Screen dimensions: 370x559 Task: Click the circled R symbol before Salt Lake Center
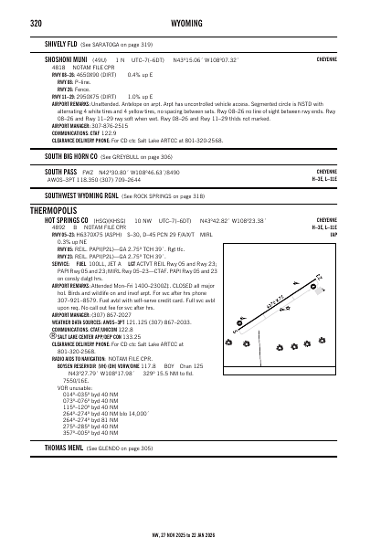48,363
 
